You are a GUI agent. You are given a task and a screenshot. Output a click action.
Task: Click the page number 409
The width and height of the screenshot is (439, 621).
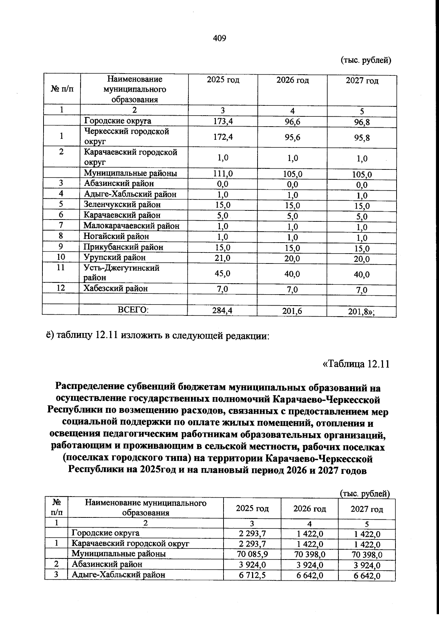coord(219,38)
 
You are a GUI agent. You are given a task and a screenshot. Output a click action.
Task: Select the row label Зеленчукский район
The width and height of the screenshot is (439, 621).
coord(122,205)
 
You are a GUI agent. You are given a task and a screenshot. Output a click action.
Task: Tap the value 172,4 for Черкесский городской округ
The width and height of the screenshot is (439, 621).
coord(223,137)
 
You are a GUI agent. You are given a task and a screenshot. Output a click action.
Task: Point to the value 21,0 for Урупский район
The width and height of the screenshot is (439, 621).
coord(223,258)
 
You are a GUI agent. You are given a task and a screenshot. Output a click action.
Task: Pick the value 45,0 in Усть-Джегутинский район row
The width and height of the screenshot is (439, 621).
coord(223,273)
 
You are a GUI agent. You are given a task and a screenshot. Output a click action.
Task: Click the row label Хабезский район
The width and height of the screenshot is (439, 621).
coord(116,289)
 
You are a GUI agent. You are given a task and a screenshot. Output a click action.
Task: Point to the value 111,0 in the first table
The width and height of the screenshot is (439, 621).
coord(223,174)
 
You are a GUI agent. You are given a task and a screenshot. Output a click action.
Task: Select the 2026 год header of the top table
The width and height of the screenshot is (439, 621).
coord(292,80)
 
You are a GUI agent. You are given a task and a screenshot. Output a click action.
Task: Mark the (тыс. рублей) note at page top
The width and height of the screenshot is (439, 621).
coord(366,60)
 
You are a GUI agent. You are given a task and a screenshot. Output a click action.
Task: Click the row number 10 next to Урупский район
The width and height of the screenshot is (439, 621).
coord(61,257)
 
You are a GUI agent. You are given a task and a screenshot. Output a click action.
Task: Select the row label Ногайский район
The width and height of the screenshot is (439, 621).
coord(116,236)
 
